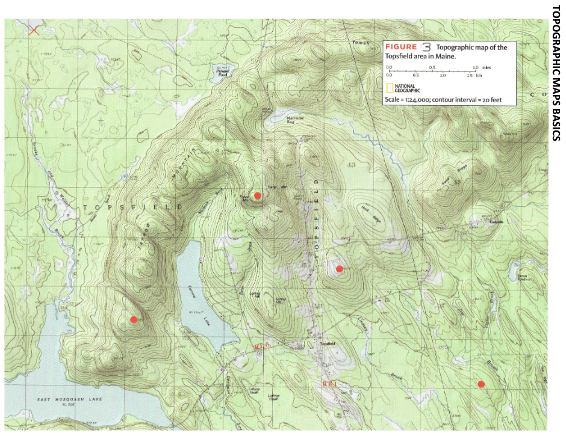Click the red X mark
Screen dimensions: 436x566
click(34, 29)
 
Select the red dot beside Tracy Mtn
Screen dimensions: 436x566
click(258, 195)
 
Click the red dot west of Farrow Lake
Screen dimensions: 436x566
click(134, 319)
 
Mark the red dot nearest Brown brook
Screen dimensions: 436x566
click(481, 384)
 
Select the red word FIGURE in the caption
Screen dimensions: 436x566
click(400, 47)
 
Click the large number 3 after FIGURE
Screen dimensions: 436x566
click(426, 46)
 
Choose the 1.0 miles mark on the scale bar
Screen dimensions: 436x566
click(476, 67)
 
